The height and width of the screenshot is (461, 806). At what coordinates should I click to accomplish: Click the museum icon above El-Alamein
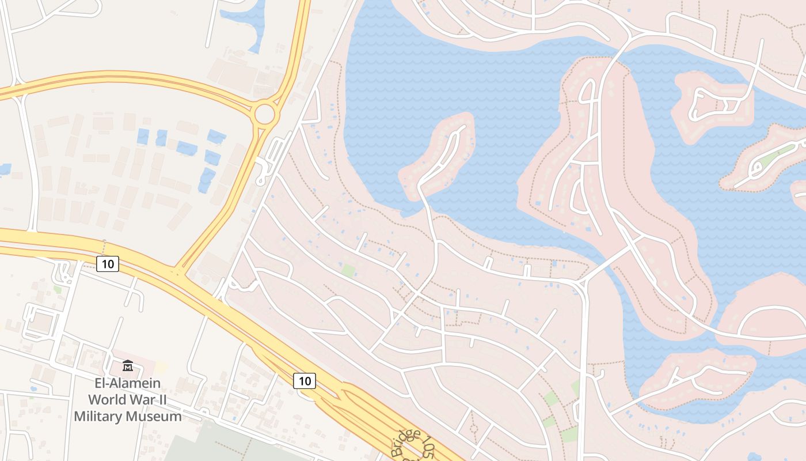click(x=127, y=365)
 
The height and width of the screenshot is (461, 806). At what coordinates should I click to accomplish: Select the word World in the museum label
click(x=111, y=400)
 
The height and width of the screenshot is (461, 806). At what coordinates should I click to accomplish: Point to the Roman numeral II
click(x=171, y=400)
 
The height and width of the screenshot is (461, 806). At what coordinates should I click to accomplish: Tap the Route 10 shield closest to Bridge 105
click(x=305, y=380)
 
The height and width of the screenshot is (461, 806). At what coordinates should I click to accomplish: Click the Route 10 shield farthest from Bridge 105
click(x=108, y=264)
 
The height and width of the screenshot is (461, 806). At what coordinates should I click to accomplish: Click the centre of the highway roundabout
click(x=265, y=114)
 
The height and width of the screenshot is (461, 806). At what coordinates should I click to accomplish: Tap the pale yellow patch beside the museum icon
click(x=161, y=366)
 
